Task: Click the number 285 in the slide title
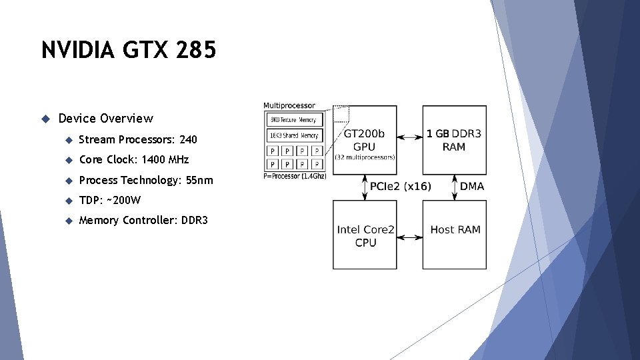[x=197, y=50]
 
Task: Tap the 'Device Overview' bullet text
[x=105, y=119]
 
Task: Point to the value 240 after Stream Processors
[x=188, y=140]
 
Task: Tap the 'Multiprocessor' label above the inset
[x=289, y=105]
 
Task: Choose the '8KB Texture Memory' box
[x=295, y=120]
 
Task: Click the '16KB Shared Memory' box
[x=295, y=135]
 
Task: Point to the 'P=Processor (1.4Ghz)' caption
[x=294, y=176]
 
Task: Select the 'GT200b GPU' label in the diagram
[x=364, y=140]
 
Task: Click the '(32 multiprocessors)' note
[x=365, y=157]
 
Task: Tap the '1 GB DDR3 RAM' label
[x=454, y=140]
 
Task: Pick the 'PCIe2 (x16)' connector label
[x=400, y=187]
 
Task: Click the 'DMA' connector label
[x=472, y=187]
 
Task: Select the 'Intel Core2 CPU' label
[x=365, y=236]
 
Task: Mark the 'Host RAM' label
[x=455, y=229]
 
